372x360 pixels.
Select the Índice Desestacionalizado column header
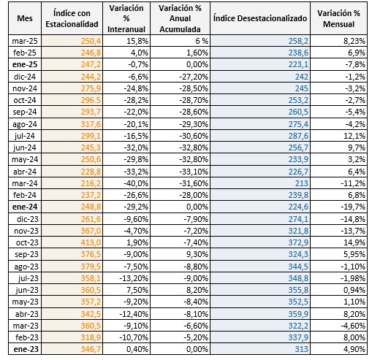[260, 18]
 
